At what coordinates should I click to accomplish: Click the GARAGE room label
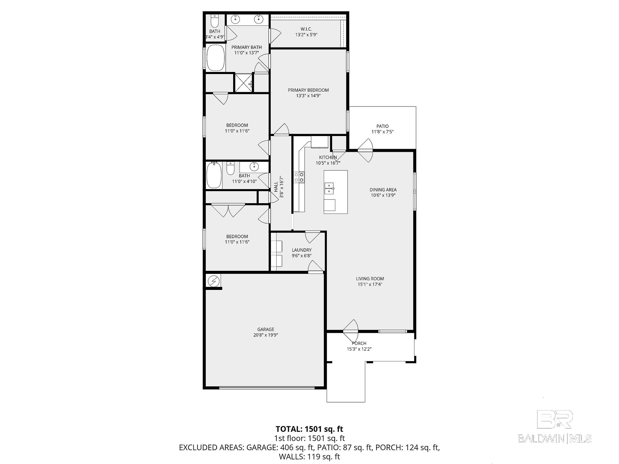point(266,329)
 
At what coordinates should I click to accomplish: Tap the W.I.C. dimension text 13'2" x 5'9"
point(306,35)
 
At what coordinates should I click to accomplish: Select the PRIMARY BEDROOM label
point(308,90)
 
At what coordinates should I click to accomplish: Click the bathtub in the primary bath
point(216,58)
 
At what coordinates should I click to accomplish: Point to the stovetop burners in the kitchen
point(299,177)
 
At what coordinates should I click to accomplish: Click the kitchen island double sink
point(329,188)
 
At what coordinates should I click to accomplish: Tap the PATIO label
point(382,126)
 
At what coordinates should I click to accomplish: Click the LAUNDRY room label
point(301,250)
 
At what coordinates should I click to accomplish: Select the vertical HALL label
point(276,187)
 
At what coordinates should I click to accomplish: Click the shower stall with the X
point(243,82)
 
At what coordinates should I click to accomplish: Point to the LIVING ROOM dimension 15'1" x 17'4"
point(370,284)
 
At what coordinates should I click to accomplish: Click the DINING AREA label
point(383,190)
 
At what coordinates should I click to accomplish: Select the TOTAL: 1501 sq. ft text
point(309,429)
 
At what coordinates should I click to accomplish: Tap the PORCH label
point(359,343)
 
